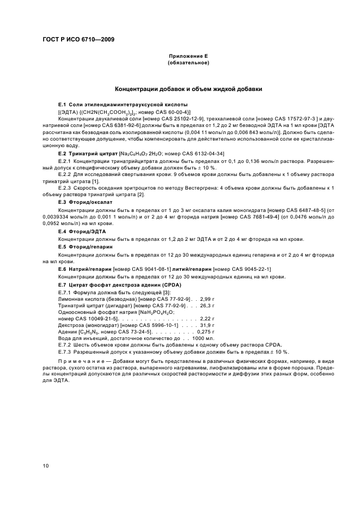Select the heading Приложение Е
tap(188, 57)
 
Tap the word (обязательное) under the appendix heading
tap(188, 63)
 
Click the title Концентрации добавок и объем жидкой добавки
tap(188, 89)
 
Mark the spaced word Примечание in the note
tap(82, 360)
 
